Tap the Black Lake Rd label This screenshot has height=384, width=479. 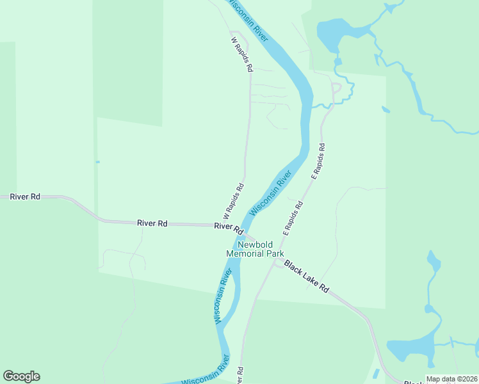(x=307, y=276)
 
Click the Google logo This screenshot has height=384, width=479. (x=21, y=376)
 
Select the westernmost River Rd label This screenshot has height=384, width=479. (x=26, y=196)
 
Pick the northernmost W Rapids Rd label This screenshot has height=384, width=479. (x=242, y=53)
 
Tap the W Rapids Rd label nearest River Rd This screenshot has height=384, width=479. (x=234, y=201)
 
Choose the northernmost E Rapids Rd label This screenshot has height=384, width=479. (x=318, y=161)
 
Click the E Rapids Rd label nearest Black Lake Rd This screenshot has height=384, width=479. (x=293, y=218)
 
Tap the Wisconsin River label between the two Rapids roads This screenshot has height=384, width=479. (x=271, y=193)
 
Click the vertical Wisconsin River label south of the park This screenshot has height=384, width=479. (x=223, y=296)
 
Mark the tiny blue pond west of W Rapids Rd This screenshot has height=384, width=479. (x=97, y=162)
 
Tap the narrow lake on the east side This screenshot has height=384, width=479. (x=433, y=262)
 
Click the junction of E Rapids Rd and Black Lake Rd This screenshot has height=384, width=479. (x=275, y=263)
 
